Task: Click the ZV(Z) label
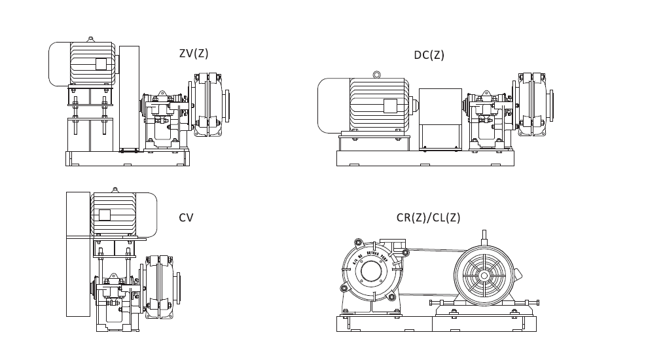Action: tap(194, 54)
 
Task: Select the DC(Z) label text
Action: tap(429, 55)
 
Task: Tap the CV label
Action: tap(186, 218)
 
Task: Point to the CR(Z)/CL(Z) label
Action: tap(428, 218)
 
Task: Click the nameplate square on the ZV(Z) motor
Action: tap(100, 63)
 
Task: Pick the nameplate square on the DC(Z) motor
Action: tap(390, 106)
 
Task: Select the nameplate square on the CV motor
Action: tap(105, 215)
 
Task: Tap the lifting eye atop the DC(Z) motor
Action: tap(376, 75)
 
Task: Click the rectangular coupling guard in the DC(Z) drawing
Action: tap(440, 118)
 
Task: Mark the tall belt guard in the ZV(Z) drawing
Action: tap(129, 98)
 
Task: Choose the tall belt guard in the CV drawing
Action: tap(78, 254)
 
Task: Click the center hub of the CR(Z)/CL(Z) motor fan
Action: tap(484, 276)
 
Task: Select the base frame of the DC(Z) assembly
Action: tap(425, 158)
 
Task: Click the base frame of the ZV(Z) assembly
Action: tap(127, 158)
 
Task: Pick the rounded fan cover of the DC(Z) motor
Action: tap(332, 105)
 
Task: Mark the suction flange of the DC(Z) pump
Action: tap(551, 105)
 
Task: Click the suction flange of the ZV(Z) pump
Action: tap(228, 105)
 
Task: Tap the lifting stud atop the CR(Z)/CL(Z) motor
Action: tap(484, 237)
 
